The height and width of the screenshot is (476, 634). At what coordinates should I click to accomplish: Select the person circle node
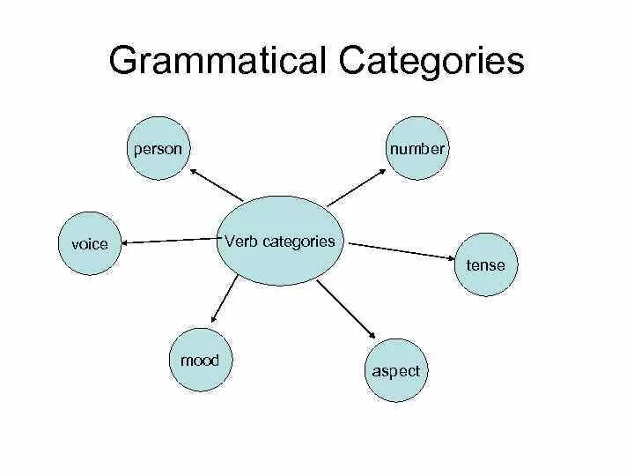pyautogui.click(x=158, y=149)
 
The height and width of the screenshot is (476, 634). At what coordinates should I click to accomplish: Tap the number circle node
pyautogui.click(x=417, y=149)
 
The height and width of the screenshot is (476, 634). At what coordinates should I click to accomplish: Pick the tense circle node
pyautogui.click(x=485, y=265)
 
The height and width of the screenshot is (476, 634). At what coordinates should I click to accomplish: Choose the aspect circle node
pyautogui.click(x=395, y=371)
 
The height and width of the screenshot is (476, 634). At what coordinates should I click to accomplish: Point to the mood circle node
pyautogui.click(x=200, y=361)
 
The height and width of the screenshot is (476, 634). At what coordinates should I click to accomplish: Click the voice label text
pyautogui.click(x=89, y=244)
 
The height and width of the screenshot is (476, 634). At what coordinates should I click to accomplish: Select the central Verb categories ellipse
pyautogui.click(x=279, y=241)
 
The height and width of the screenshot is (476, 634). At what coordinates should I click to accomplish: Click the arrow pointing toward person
pyautogui.click(x=216, y=184)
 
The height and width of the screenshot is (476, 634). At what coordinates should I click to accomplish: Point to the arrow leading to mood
pyautogui.click(x=224, y=299)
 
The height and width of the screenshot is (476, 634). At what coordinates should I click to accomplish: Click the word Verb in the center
pyautogui.click(x=240, y=241)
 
